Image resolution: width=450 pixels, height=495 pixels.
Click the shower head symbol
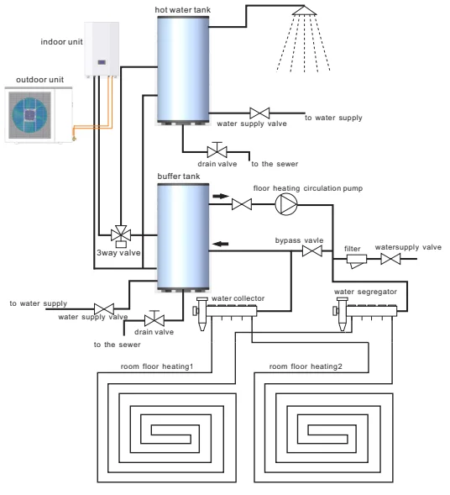[304, 11]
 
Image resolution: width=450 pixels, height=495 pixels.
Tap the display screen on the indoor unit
[102, 62]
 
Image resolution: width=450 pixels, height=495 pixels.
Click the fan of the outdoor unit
[29, 115]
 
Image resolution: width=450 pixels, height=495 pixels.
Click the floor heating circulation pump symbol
[286, 204]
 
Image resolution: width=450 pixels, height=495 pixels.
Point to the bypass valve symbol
[311, 251]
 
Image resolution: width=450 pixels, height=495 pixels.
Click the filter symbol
[357, 261]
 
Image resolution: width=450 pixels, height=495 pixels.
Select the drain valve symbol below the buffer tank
[154, 319]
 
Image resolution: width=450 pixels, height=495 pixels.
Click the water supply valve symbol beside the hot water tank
[259, 113]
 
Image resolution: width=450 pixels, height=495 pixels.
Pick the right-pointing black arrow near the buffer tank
[221, 196]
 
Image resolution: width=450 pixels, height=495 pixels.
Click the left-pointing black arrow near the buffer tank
[221, 244]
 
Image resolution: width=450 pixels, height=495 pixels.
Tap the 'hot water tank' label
[182, 10]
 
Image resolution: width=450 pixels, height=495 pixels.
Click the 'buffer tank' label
[179, 176]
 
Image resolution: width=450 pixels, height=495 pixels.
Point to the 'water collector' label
[238, 298]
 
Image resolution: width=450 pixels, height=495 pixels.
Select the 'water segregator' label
[365, 292]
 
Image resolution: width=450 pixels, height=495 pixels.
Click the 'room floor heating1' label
[157, 366]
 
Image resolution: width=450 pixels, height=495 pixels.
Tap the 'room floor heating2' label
[306, 366]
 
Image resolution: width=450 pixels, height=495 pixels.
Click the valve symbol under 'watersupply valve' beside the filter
[390, 259]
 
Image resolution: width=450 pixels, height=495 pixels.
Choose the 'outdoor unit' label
[39, 80]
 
